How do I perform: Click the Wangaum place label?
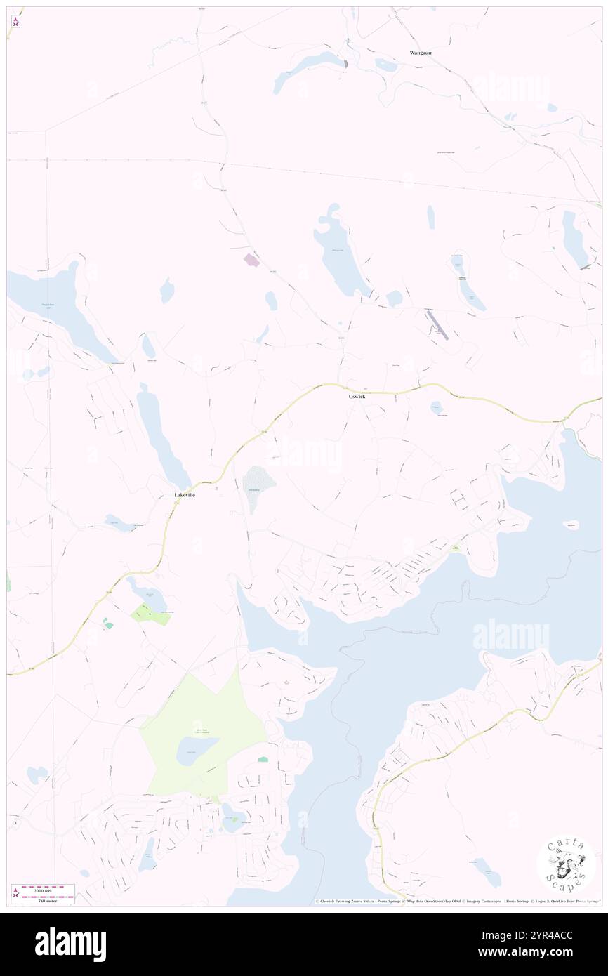(x=423, y=53)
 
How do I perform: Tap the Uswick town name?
(x=357, y=397)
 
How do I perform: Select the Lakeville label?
(x=185, y=495)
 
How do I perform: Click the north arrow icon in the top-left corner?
(x=15, y=21)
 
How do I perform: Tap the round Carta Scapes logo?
(x=566, y=864)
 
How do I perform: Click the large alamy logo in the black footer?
(x=70, y=944)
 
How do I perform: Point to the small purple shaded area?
(x=251, y=261)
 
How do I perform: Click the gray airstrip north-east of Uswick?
(x=437, y=325)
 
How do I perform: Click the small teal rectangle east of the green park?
(x=263, y=759)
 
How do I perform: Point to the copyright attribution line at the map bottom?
(x=456, y=901)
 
